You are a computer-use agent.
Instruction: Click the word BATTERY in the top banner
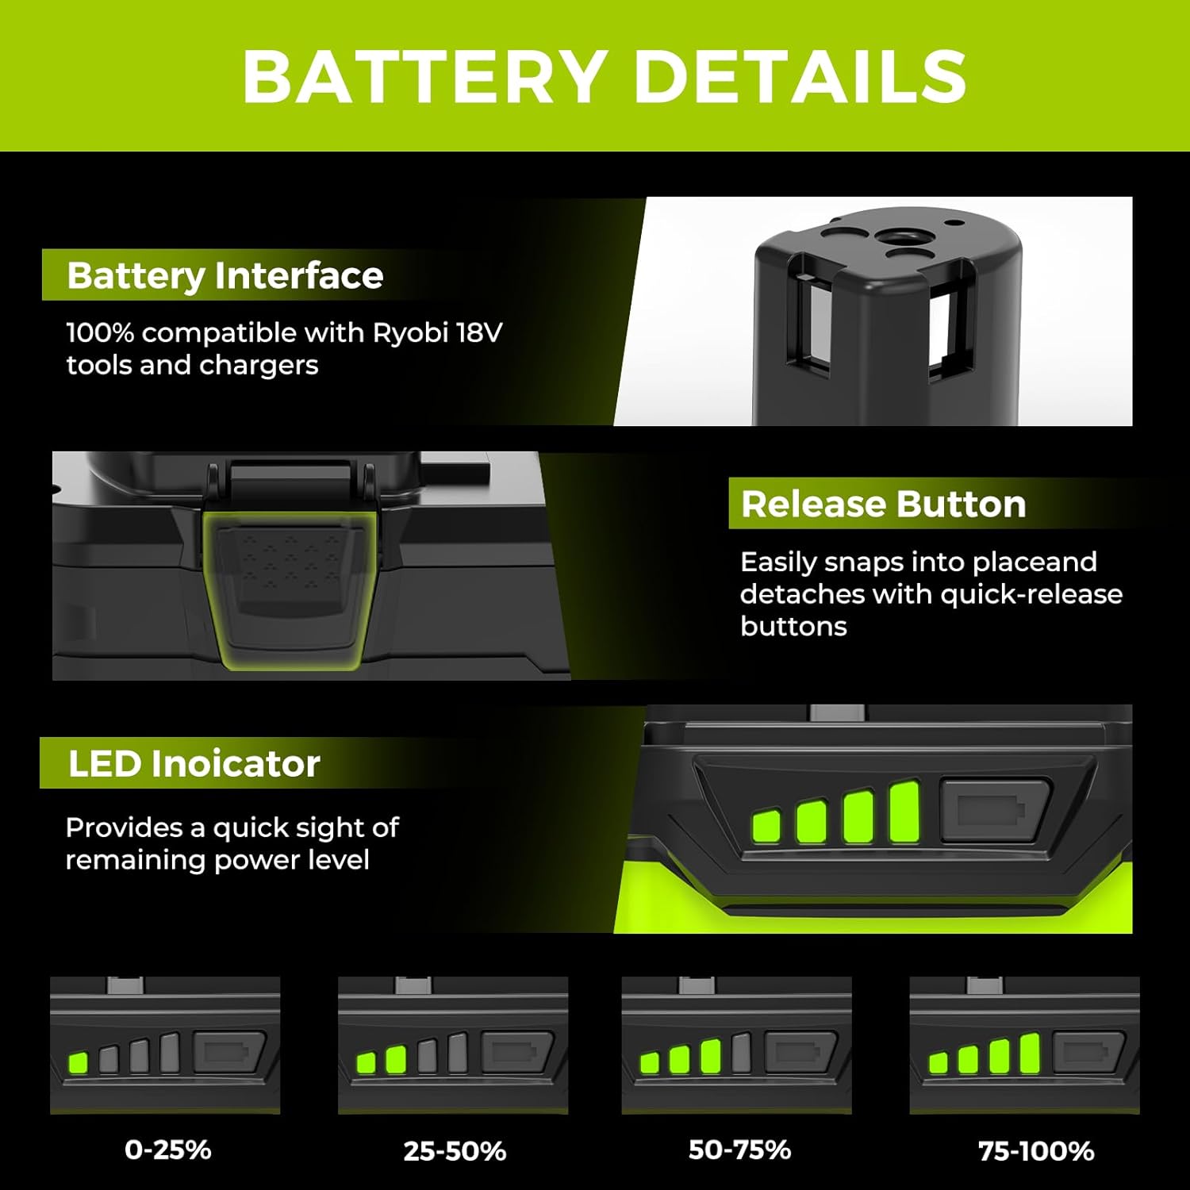(425, 76)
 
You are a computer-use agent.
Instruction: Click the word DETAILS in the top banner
(800, 76)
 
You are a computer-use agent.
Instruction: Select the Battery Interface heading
(225, 275)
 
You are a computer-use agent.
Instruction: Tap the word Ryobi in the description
(410, 332)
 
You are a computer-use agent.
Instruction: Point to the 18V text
(479, 332)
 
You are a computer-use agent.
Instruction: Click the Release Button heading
(883, 504)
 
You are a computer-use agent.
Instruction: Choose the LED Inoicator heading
(194, 763)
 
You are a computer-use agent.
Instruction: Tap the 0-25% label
(168, 1150)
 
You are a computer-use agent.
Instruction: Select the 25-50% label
(455, 1151)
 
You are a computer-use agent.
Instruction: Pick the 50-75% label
(739, 1150)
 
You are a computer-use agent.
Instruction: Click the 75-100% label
(1036, 1151)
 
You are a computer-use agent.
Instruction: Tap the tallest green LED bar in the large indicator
(904, 812)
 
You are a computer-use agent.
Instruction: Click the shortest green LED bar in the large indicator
(766, 827)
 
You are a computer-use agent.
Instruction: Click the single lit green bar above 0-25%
(78, 1062)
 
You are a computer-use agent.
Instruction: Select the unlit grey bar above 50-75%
(741, 1052)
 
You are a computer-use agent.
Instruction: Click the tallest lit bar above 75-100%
(1029, 1054)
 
